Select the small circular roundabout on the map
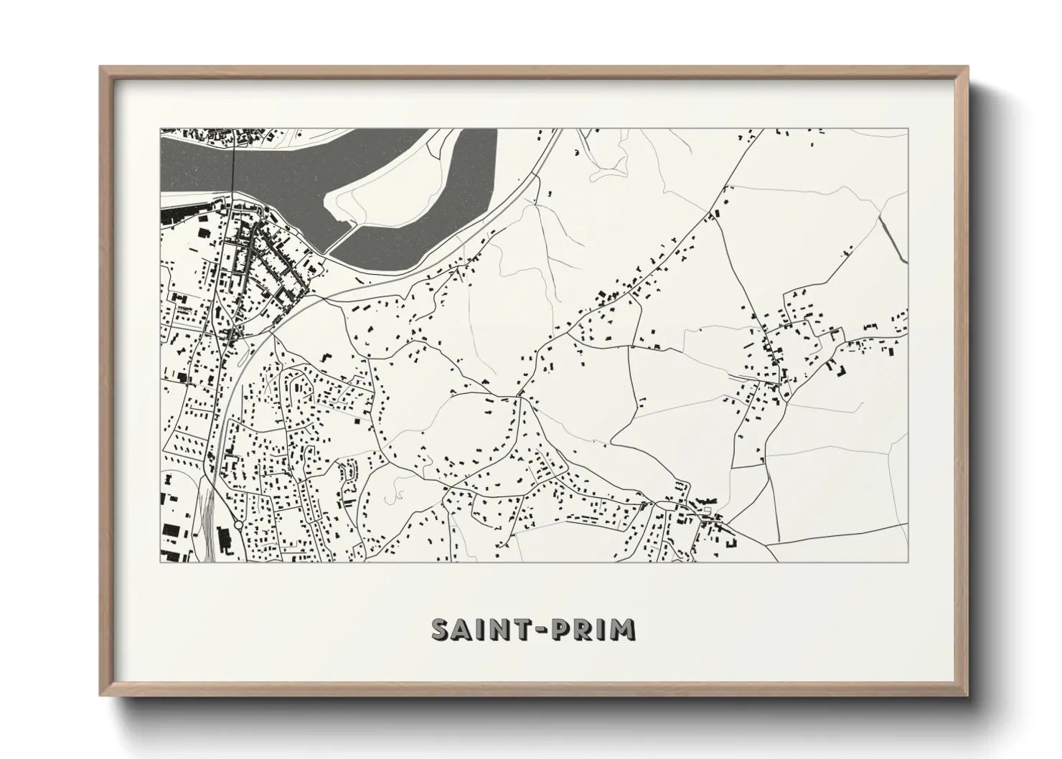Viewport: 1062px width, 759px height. (238, 525)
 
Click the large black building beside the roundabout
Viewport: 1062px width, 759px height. (170, 530)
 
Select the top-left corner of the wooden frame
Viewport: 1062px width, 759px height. (101, 68)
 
